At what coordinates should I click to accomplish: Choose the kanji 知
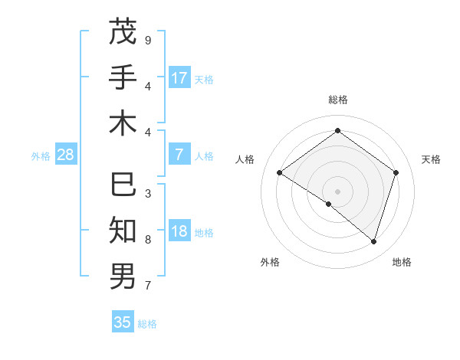coord(123,231)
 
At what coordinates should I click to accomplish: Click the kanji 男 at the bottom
coord(123,276)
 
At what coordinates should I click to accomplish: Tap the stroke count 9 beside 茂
coord(147,39)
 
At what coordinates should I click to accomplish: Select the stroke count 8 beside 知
coord(147,240)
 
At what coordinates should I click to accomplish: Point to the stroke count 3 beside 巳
coord(147,194)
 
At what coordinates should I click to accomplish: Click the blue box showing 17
coord(179,78)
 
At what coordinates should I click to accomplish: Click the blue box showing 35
coord(123,322)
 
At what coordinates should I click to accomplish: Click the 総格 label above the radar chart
coord(337,100)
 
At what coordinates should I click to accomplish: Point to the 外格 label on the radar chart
coord(270,262)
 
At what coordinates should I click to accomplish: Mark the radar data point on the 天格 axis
coord(396,172)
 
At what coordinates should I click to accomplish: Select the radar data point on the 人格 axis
coord(279,172)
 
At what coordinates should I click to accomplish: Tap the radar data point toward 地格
coord(373,241)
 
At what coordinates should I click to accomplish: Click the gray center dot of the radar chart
coord(337,190)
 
